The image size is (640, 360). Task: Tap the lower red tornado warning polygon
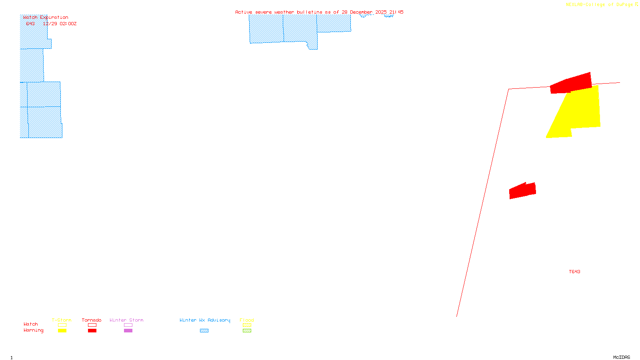(522, 191)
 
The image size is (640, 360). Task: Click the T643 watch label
(574, 272)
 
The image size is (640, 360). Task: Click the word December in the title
(361, 12)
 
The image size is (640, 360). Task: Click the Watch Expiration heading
(46, 18)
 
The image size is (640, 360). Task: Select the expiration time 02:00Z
(68, 24)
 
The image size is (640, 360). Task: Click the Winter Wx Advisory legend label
(205, 320)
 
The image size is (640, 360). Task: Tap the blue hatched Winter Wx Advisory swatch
(204, 331)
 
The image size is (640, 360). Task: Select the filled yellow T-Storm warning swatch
(62, 331)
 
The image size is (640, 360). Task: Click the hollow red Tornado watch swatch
(92, 325)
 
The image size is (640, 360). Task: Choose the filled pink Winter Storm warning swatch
(128, 331)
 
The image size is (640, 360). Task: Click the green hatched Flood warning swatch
(247, 331)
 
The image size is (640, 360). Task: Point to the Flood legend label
(247, 320)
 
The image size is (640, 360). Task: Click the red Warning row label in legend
(33, 330)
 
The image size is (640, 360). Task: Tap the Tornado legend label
(92, 320)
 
